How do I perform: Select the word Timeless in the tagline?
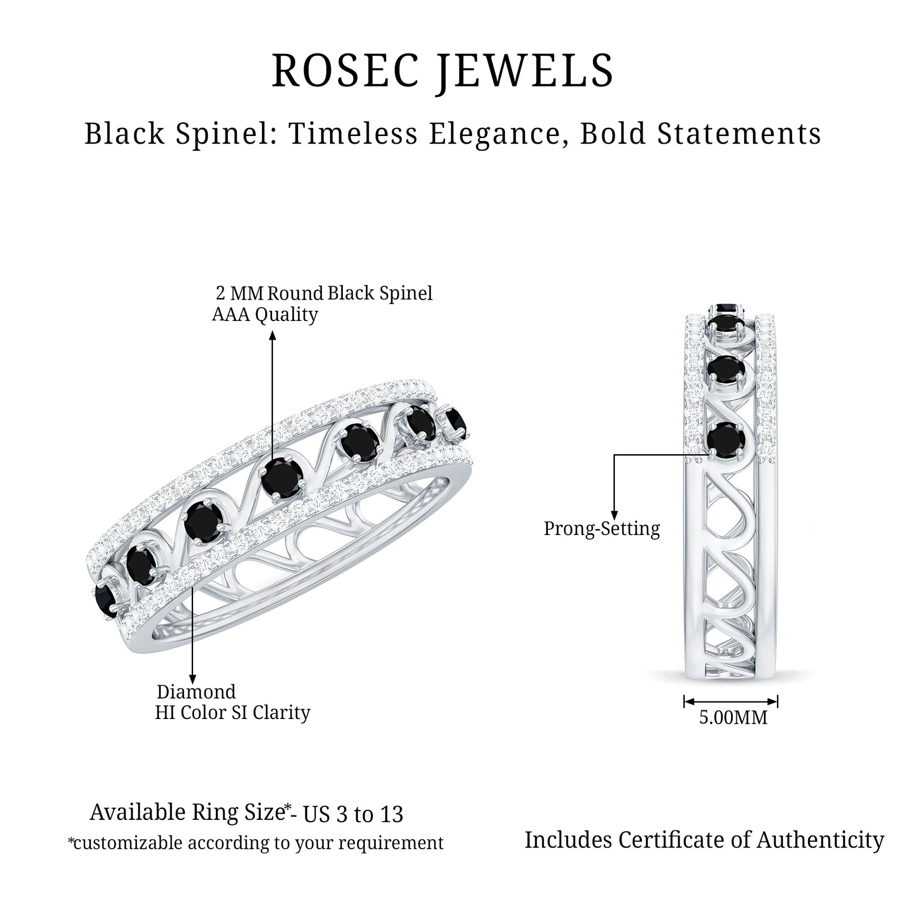click(x=354, y=134)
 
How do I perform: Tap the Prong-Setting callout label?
click(x=602, y=529)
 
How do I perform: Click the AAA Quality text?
click(x=265, y=315)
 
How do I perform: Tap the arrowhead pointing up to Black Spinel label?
click(x=272, y=336)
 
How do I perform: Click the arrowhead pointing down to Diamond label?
click(x=192, y=679)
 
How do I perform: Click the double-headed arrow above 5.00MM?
click(x=730, y=701)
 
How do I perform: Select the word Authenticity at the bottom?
click(x=820, y=840)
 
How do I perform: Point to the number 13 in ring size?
click(x=391, y=815)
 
